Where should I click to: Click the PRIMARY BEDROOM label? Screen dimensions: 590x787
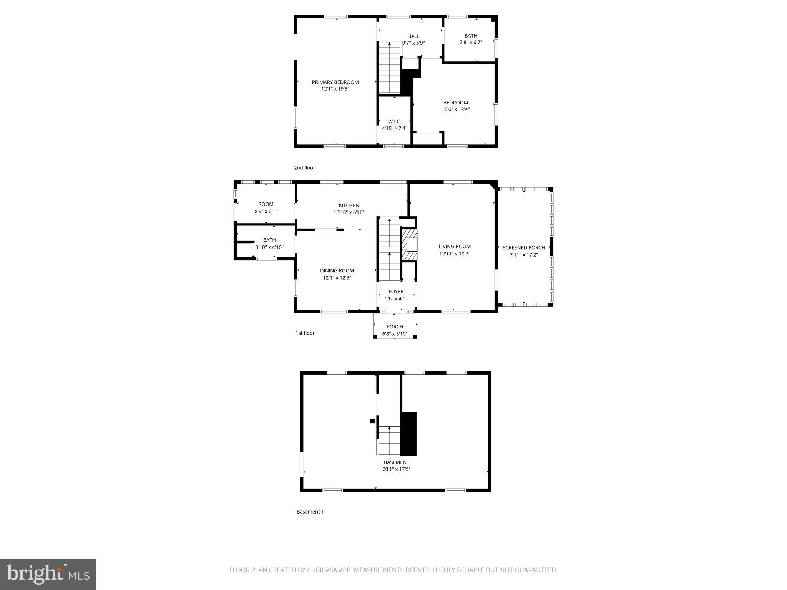[x=335, y=82]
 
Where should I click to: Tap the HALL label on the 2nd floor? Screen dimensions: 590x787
[x=413, y=36]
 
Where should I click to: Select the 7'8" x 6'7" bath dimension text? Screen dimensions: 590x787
[x=471, y=43]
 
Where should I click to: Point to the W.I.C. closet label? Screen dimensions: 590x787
[x=394, y=121]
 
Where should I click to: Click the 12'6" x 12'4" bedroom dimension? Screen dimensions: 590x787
[x=455, y=109]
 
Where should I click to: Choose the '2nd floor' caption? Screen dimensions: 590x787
[x=304, y=168]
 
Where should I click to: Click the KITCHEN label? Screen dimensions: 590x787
[x=349, y=206]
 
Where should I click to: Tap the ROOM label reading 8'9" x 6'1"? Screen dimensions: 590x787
[x=266, y=204]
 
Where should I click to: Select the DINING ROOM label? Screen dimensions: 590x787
[x=337, y=271]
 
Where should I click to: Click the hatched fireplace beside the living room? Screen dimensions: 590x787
[x=409, y=244]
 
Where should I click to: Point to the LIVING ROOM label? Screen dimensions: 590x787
[x=455, y=247]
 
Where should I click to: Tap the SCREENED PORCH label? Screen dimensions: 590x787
[x=523, y=248]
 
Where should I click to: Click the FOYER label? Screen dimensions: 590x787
[x=396, y=292]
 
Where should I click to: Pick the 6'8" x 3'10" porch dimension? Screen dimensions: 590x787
[x=395, y=334]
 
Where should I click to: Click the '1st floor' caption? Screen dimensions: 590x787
[x=305, y=333]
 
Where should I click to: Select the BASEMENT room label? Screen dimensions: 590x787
[x=396, y=462]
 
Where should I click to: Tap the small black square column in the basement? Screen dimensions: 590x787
[x=372, y=421]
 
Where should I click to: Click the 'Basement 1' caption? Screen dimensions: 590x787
[x=310, y=512]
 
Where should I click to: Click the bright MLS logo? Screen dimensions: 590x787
[x=48, y=574]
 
